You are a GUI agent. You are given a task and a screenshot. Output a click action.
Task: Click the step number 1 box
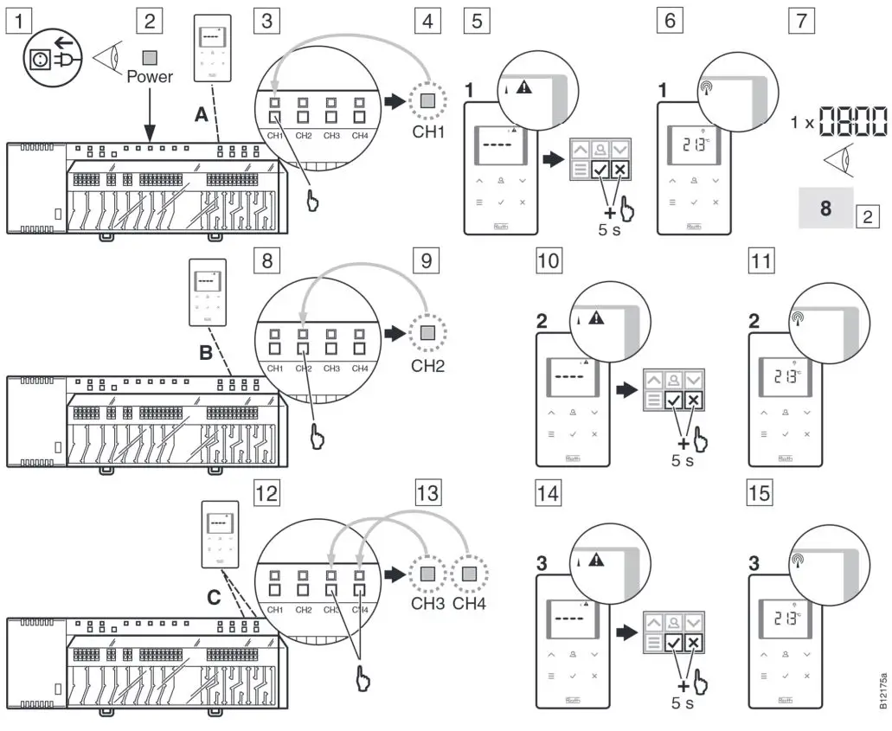coord(17,20)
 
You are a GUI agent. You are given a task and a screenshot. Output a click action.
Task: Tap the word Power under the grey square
coord(150,77)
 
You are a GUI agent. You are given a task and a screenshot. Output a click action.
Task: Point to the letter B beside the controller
coord(205,353)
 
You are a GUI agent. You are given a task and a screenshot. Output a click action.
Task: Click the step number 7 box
coord(805,20)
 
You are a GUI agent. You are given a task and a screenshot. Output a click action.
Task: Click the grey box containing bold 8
coord(825,209)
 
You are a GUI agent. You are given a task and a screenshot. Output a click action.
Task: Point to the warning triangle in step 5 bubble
coord(523,87)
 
